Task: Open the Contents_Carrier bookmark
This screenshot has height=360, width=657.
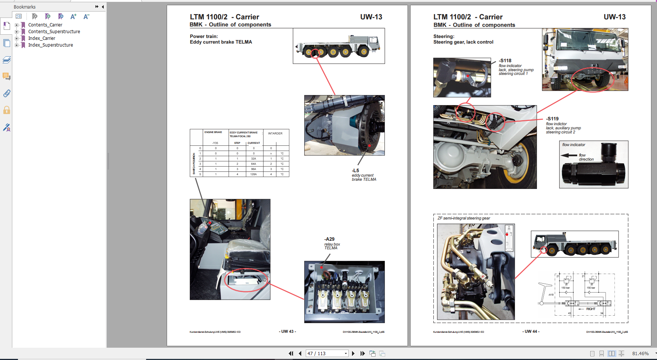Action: [x=45, y=25]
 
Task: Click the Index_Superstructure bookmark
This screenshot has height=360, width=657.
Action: [x=50, y=45]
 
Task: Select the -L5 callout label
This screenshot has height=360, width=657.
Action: [x=355, y=171]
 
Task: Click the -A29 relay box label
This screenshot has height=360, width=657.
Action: [x=329, y=239]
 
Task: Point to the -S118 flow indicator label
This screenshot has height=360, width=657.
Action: [x=506, y=61]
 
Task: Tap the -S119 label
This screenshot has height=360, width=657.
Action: [x=553, y=119]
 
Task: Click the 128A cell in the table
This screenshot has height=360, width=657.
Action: [x=254, y=174]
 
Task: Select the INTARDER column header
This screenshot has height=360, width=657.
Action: [x=275, y=133]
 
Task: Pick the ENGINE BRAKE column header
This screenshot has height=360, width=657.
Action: [x=213, y=132]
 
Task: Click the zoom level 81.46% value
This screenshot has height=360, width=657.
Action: [x=640, y=353]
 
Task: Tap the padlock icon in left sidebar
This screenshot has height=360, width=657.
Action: [x=7, y=110]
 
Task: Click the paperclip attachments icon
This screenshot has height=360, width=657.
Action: [x=7, y=93]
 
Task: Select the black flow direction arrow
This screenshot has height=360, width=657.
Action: [x=569, y=155]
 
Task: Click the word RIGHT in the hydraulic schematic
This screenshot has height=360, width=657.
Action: [x=591, y=309]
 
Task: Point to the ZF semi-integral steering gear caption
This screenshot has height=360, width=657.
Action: [x=463, y=218]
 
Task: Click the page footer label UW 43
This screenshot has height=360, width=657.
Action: [x=287, y=331]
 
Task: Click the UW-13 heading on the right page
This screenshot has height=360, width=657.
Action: [x=614, y=17]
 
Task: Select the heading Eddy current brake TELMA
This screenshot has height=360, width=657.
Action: [x=221, y=42]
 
